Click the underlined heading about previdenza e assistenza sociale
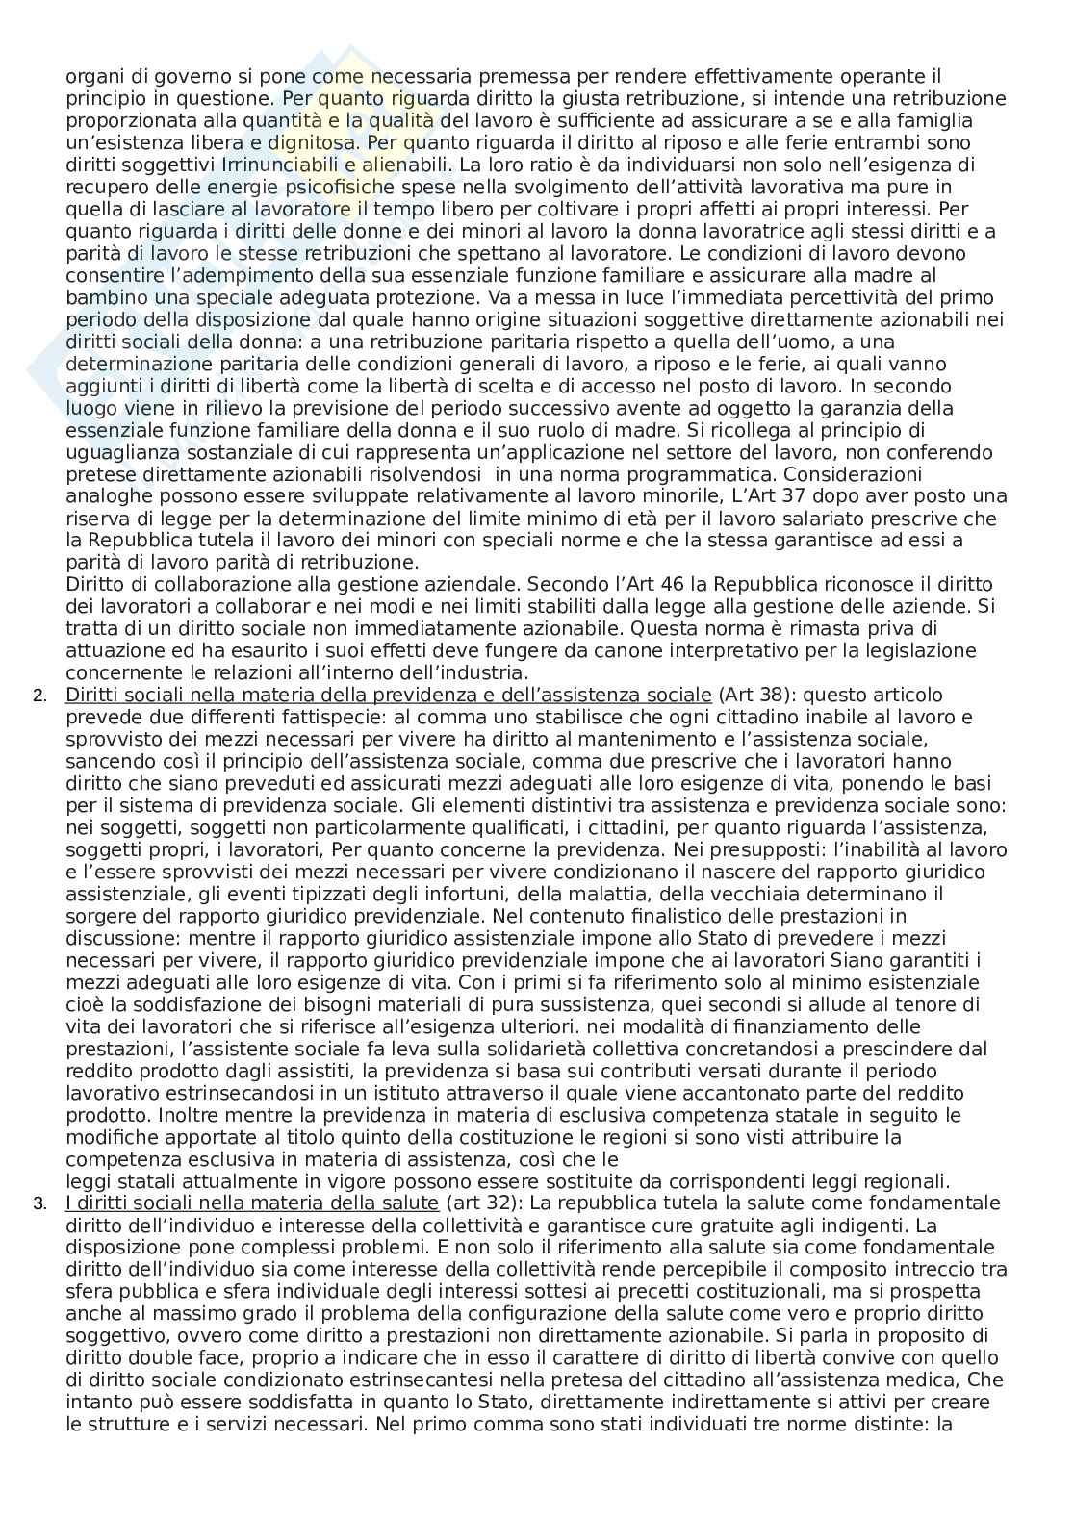tap(389, 695)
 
